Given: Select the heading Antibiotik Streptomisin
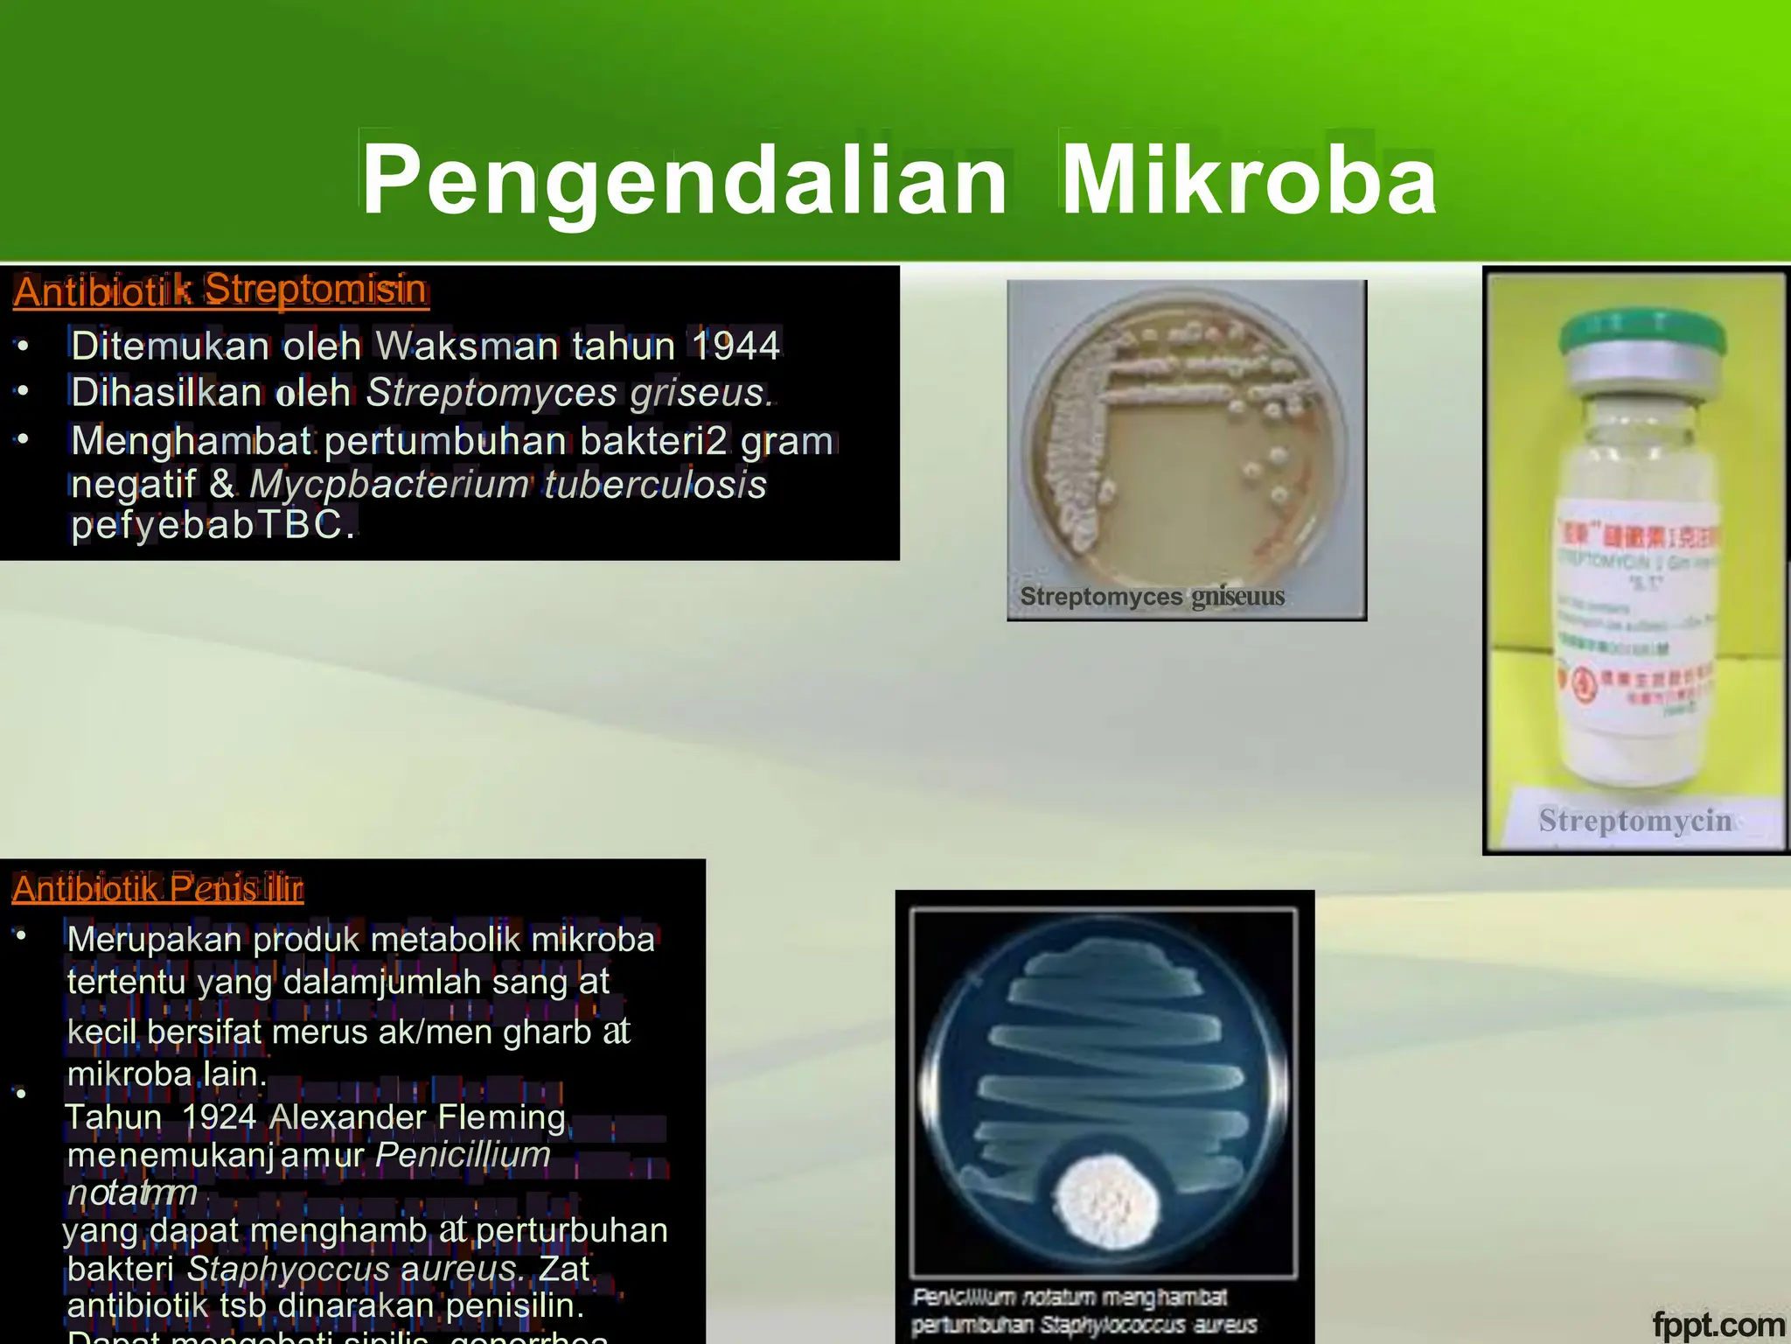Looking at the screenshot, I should point(220,290).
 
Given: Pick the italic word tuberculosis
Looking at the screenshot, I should point(655,484).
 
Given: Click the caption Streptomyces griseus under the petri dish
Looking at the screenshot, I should point(1152,597).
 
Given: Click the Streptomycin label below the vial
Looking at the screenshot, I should point(1634,821).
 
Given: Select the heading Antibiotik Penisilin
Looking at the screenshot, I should point(157,889).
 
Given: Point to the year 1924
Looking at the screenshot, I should point(219,1117).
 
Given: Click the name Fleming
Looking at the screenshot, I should point(501,1117).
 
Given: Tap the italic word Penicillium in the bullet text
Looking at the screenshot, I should point(463,1155).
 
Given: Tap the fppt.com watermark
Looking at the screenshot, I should point(1718,1325).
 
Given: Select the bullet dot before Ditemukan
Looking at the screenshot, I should point(24,346).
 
